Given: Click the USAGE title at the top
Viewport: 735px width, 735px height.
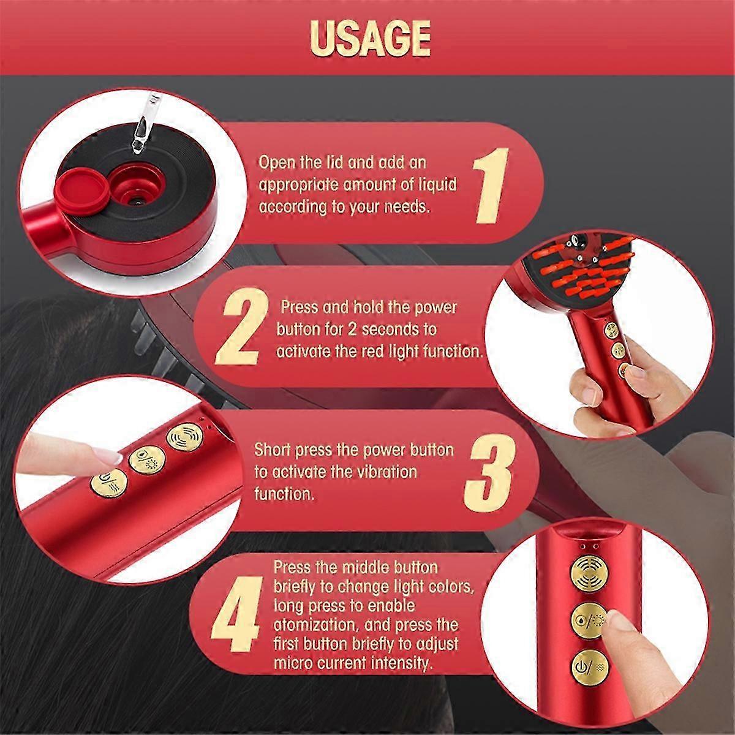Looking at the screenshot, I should coord(370,38).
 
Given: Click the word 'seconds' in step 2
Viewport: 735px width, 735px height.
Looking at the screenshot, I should coord(399,329).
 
